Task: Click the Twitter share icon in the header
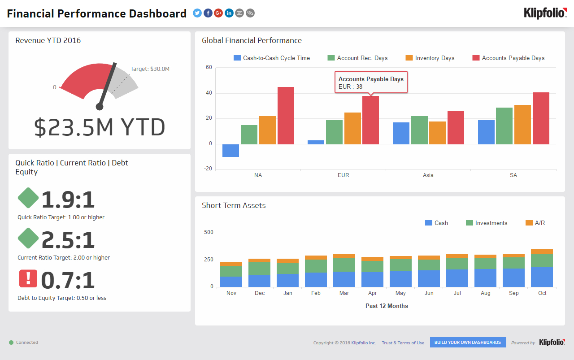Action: (197, 13)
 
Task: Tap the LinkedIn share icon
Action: (229, 13)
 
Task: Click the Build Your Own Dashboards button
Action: (468, 343)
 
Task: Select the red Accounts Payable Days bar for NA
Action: (286, 115)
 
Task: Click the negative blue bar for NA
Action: (230, 151)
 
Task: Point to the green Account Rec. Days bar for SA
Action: (504, 126)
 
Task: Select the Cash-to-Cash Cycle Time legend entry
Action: (272, 58)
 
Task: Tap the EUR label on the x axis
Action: (343, 175)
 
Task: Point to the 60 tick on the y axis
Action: (209, 68)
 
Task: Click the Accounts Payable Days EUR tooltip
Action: (371, 82)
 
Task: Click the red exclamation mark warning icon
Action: (28, 278)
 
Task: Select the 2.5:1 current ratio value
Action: (68, 240)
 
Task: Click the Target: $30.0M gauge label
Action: (150, 69)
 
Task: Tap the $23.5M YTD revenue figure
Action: (100, 128)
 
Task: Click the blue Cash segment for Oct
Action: (542, 277)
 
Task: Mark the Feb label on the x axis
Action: (316, 293)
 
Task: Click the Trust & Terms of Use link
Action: (403, 343)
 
